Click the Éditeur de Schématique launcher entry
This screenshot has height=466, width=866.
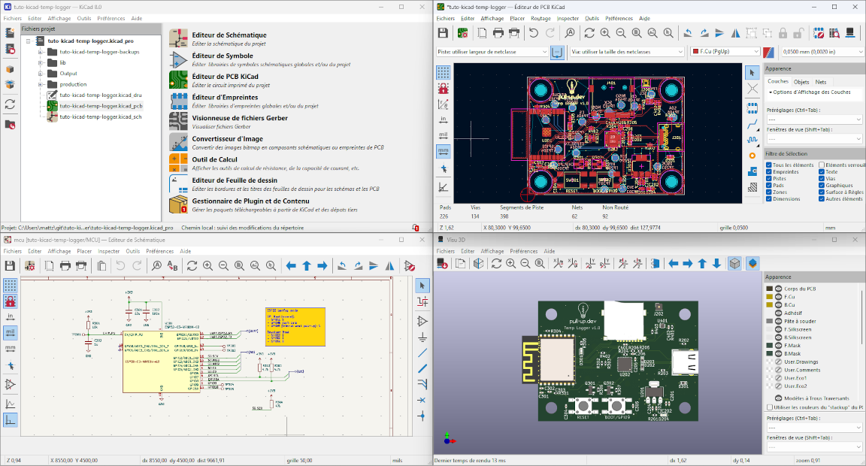[x=229, y=35]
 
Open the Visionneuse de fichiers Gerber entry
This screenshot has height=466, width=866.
[x=239, y=118]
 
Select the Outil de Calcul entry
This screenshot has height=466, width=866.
[x=214, y=159]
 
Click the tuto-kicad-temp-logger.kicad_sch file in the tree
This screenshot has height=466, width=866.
[x=100, y=116]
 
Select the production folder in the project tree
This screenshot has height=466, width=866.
[x=73, y=84]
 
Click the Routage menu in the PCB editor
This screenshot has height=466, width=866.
[x=540, y=17]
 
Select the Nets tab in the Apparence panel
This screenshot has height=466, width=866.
[x=821, y=81]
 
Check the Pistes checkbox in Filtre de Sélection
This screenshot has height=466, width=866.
[x=768, y=179]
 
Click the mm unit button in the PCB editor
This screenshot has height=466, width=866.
[x=443, y=151]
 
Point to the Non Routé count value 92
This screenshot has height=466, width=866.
[x=605, y=216]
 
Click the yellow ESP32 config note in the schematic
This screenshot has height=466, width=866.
[x=295, y=325]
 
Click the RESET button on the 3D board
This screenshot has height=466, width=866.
[x=582, y=407]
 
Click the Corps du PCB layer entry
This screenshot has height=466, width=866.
[x=801, y=289]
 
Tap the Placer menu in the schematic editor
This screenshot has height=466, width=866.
[x=84, y=251]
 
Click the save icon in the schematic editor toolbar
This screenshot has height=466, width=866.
[x=10, y=265]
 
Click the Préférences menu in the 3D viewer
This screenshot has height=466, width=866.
[x=523, y=251]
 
